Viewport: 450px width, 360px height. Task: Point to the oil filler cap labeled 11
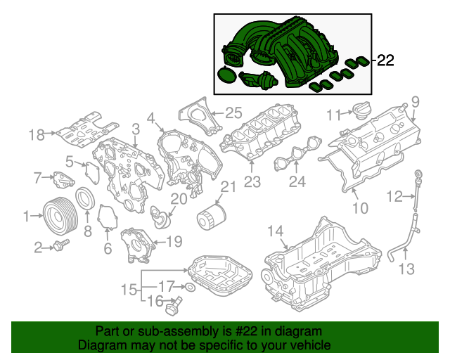(x=364, y=112)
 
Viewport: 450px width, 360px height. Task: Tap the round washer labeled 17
(x=189, y=287)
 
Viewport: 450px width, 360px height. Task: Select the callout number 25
(x=233, y=112)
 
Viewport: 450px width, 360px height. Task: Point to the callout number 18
(x=37, y=134)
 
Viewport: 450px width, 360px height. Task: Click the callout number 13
(x=407, y=268)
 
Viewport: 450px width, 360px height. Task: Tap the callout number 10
(x=359, y=208)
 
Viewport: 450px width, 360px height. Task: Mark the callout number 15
(x=129, y=290)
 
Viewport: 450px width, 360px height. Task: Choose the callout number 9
(x=414, y=101)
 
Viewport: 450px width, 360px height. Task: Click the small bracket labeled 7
(x=64, y=179)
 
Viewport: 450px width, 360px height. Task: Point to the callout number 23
(x=252, y=182)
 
